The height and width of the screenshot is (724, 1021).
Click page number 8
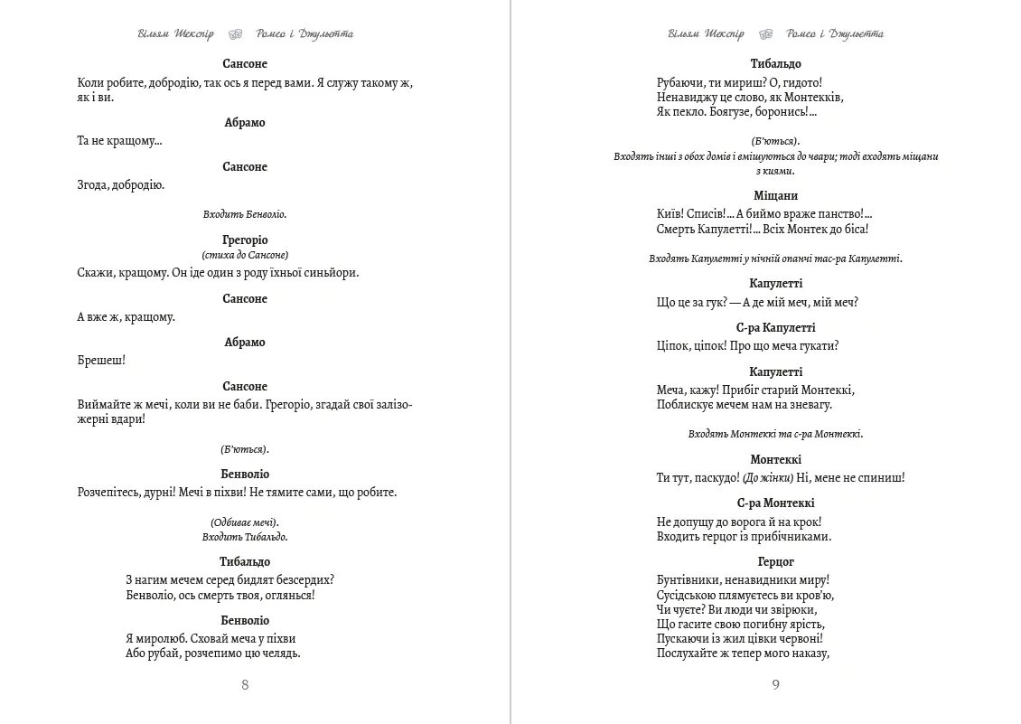coord(245,684)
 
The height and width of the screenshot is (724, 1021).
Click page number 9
coord(775,684)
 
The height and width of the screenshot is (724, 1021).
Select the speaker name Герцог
coord(775,561)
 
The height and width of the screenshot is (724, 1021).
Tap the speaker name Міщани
coord(775,195)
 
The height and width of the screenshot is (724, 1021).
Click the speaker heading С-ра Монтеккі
coord(775,503)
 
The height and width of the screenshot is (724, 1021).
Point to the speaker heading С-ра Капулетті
coord(775,328)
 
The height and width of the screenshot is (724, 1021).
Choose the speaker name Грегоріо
coord(245,240)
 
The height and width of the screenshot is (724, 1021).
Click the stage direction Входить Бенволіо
coord(245,214)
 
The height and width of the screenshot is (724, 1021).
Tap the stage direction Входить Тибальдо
coord(245,537)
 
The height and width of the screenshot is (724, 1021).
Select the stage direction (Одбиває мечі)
coord(245,522)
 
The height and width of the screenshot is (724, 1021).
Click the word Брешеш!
coord(101,361)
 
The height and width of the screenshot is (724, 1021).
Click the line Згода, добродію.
coord(121,185)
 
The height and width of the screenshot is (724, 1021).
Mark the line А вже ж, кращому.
coord(126,317)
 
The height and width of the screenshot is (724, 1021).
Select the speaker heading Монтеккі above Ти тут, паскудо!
coord(775,460)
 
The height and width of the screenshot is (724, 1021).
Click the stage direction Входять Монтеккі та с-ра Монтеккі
coord(775,434)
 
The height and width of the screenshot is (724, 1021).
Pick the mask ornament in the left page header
coord(235,34)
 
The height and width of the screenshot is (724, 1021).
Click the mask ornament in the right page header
coord(765,34)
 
